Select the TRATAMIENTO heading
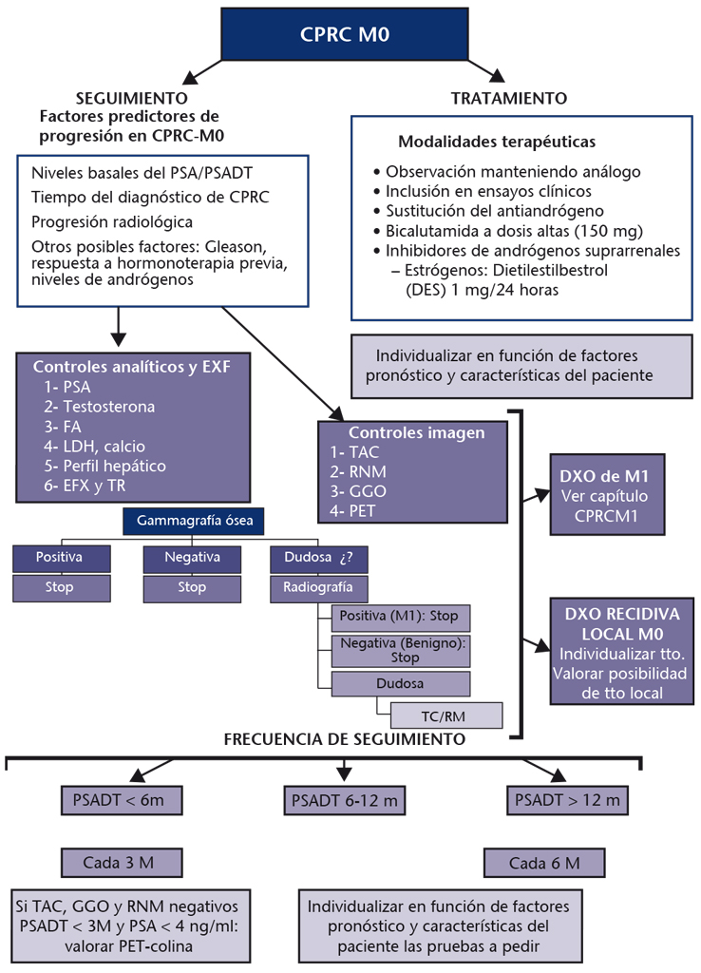[508, 98]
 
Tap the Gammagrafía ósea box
[194, 521]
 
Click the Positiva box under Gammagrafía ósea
[59, 558]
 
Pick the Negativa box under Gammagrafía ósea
[193, 558]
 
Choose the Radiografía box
[313, 586]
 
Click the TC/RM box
[439, 714]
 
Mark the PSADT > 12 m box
[566, 800]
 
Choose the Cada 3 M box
[120, 863]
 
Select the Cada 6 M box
[544, 863]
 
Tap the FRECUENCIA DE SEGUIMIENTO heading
[344, 738]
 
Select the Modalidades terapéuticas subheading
[496, 142]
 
